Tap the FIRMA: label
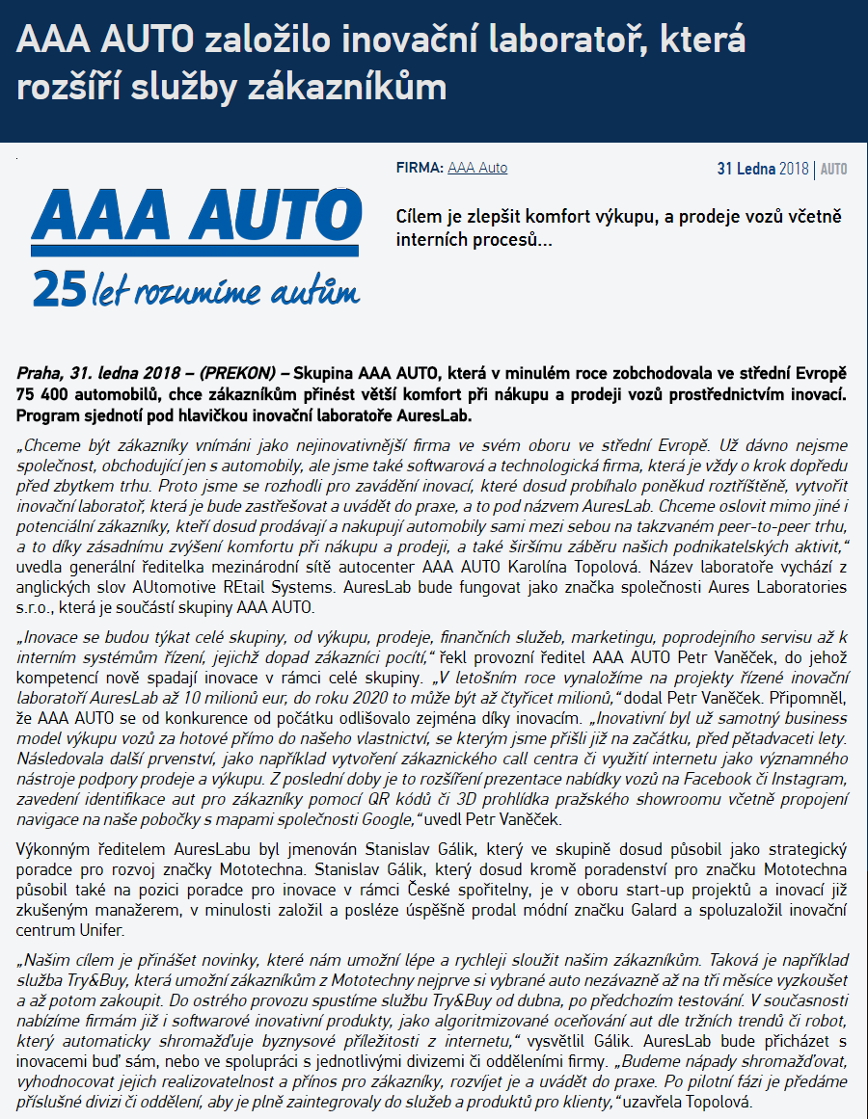tap(420, 168)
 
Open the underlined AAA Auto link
tap(477, 168)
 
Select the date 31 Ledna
tap(746, 169)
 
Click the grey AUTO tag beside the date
tap(833, 169)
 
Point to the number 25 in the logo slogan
tap(54, 286)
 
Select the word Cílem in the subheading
tap(420, 217)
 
